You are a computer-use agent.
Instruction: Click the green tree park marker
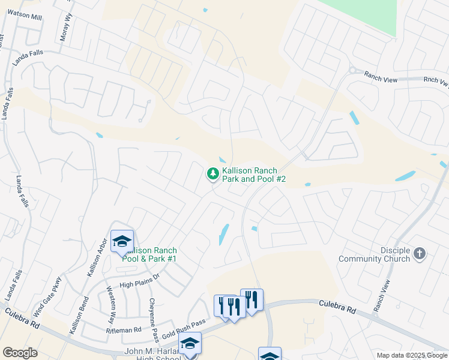[x=212, y=174]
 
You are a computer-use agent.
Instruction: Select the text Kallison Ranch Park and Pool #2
[x=253, y=175]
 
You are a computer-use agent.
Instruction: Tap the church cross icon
[x=420, y=254]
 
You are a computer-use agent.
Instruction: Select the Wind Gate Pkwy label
[x=48, y=296]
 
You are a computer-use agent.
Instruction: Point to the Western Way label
[x=112, y=302]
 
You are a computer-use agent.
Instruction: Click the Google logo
[x=20, y=353]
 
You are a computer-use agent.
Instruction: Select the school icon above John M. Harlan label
[x=190, y=343]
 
